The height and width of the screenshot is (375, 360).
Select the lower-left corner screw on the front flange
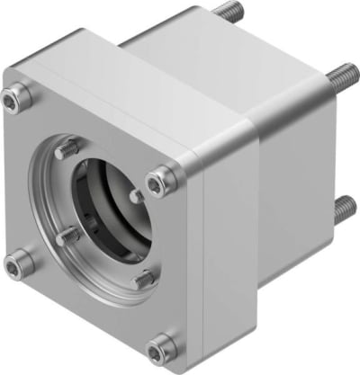pyautogui.click(x=19, y=263)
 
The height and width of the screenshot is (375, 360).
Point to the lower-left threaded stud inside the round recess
pyautogui.click(x=67, y=237)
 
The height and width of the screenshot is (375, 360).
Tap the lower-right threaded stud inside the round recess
pyautogui.click(x=141, y=280)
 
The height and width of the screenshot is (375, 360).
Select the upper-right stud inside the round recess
pyautogui.click(x=135, y=194)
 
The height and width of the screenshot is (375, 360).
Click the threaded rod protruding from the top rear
pyautogui.click(x=226, y=12)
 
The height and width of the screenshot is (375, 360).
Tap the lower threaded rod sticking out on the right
pyautogui.click(x=341, y=210)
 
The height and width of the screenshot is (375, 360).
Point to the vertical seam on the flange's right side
pyautogui.click(x=204, y=261)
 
